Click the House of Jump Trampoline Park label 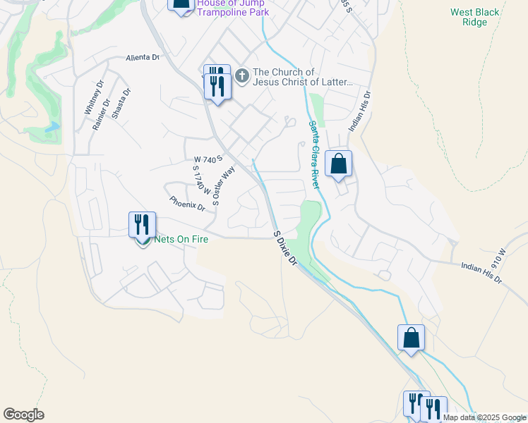point(232,7)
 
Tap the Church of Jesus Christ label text point(303,77)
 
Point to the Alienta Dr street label point(143,58)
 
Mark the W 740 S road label point(208,159)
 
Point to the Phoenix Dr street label point(187,203)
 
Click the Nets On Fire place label point(181,238)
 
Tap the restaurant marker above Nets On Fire point(142,225)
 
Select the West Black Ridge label point(475,17)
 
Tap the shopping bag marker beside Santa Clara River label point(340,164)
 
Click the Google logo point(23,415)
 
